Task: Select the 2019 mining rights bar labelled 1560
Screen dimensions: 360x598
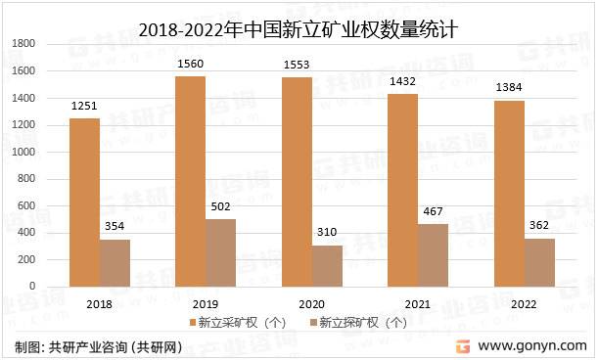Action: pos(190,181)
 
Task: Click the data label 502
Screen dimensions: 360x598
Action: pos(221,206)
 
